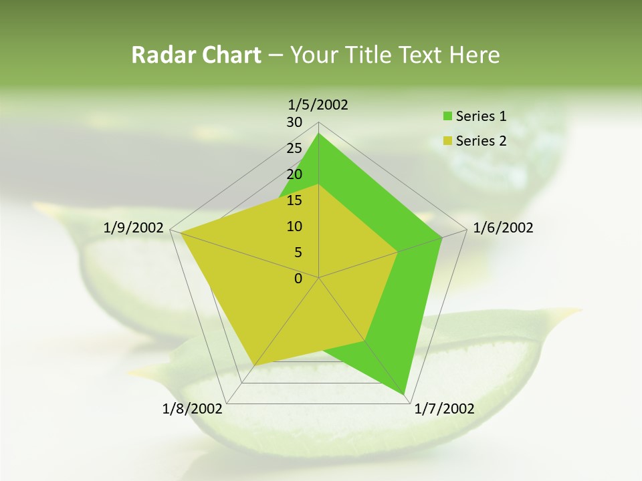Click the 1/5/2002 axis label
pyautogui.click(x=318, y=104)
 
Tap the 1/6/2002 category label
pyautogui.click(x=503, y=228)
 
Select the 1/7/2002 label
pyautogui.click(x=444, y=409)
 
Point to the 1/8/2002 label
pyautogui.click(x=193, y=409)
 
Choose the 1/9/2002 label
pyautogui.click(x=134, y=228)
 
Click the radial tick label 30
pyautogui.click(x=294, y=122)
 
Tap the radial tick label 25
pyautogui.click(x=294, y=148)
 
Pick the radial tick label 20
pyautogui.click(x=294, y=174)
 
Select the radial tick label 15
pyautogui.click(x=294, y=200)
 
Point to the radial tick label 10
pyautogui.click(x=294, y=226)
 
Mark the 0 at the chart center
pyautogui.click(x=298, y=279)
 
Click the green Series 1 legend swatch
pyautogui.click(x=447, y=117)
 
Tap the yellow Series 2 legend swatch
pyautogui.click(x=447, y=141)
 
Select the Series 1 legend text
pyautogui.click(x=481, y=116)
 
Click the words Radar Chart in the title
pyautogui.click(x=195, y=55)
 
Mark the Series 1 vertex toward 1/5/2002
pyautogui.click(x=318, y=134)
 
